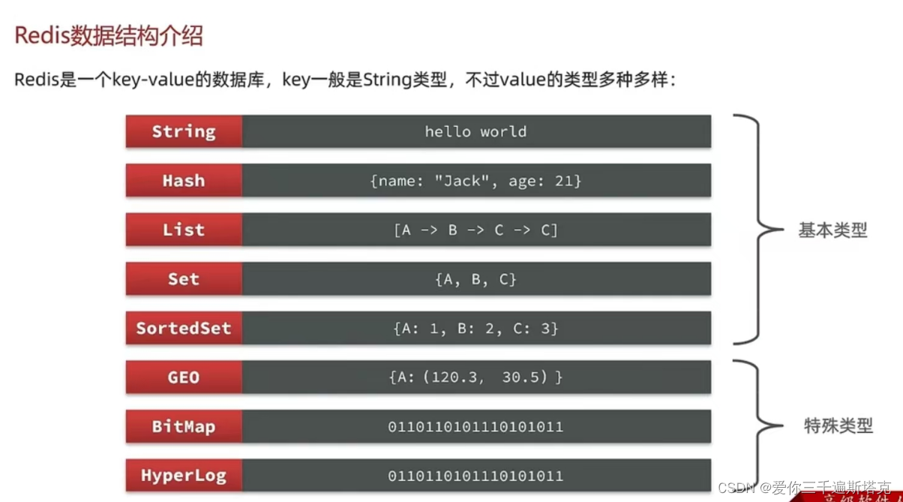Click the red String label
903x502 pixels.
[x=184, y=131]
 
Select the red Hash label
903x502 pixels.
[x=184, y=181]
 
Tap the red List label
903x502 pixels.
[x=184, y=230]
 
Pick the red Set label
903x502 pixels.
[x=184, y=279]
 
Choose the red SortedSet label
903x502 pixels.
[x=184, y=328]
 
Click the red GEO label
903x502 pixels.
[x=184, y=377]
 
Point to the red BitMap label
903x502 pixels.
[x=184, y=426]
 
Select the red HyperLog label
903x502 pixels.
[x=184, y=476]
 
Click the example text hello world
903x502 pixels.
[x=475, y=131]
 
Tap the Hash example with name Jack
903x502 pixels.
[x=475, y=181]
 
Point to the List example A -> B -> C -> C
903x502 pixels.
[x=475, y=230]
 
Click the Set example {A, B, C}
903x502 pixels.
[x=475, y=279]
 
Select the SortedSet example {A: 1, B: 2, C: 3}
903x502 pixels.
[x=475, y=328]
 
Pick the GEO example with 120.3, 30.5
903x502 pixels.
[x=475, y=377]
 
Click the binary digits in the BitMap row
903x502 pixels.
[x=475, y=427]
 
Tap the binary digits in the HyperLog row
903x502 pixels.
[x=475, y=476]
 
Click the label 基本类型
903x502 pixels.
[x=832, y=230]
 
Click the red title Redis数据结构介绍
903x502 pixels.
[x=109, y=36]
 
